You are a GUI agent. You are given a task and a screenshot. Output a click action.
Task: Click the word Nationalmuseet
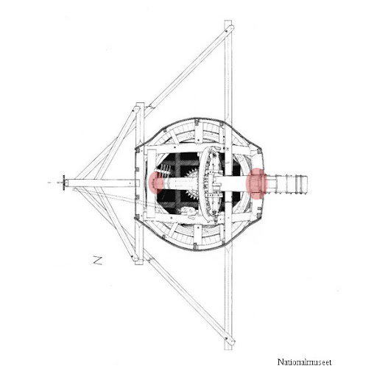click(x=304, y=362)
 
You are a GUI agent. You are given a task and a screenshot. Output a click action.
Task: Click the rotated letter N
click(x=98, y=261)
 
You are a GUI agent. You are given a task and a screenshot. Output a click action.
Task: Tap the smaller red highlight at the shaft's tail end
click(x=155, y=183)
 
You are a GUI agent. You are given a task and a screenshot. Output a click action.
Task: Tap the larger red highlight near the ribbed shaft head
click(x=256, y=183)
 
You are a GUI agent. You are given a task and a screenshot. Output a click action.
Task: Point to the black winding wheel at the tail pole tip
click(x=64, y=183)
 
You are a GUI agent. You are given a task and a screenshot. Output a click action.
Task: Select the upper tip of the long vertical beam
click(x=228, y=21)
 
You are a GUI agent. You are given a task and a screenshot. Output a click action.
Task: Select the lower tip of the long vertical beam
click(x=228, y=349)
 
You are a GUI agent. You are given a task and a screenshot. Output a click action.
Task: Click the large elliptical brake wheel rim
click(x=201, y=183)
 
